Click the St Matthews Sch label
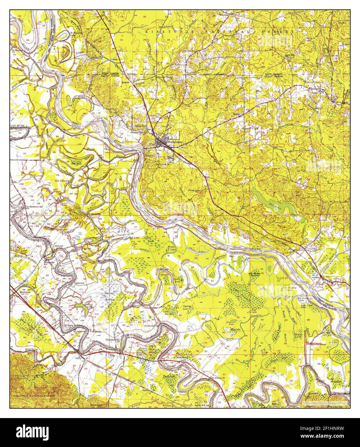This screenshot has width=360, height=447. (34, 206)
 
